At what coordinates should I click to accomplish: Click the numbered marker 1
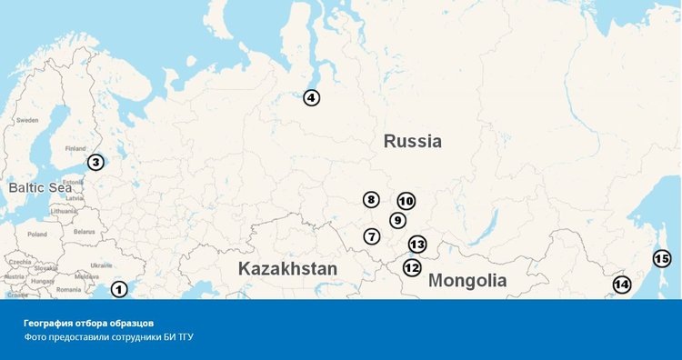(x=119, y=290)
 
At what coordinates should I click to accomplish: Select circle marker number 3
(x=95, y=163)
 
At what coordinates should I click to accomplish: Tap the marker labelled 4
(x=312, y=98)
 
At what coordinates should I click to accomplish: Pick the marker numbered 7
(x=372, y=236)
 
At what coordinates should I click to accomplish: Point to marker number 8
(x=371, y=200)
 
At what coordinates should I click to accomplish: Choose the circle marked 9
(x=397, y=220)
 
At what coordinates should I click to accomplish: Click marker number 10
(x=406, y=201)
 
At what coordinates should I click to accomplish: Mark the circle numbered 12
(x=412, y=268)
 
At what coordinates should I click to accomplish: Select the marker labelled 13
(x=417, y=245)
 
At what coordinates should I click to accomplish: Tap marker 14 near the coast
(x=621, y=285)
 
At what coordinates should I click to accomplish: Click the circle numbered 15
(x=662, y=259)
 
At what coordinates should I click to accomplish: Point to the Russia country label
(x=412, y=141)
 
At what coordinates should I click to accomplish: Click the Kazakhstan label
(x=287, y=269)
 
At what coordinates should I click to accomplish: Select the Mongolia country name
(x=467, y=280)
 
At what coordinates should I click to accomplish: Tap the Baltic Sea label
(x=39, y=187)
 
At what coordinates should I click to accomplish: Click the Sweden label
(x=27, y=120)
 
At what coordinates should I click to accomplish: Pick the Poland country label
(x=36, y=234)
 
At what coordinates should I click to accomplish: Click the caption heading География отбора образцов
(x=89, y=323)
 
